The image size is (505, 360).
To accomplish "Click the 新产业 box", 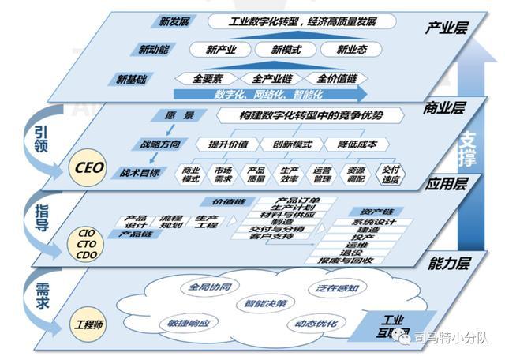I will coord(223,49).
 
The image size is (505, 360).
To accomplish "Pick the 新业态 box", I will coord(353,49).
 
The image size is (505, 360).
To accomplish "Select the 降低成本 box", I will coord(357,144).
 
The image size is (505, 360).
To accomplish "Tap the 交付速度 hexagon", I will coord(390,174).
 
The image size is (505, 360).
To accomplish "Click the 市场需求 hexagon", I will coord(223,174).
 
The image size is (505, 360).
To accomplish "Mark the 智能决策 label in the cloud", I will coord(265,302).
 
